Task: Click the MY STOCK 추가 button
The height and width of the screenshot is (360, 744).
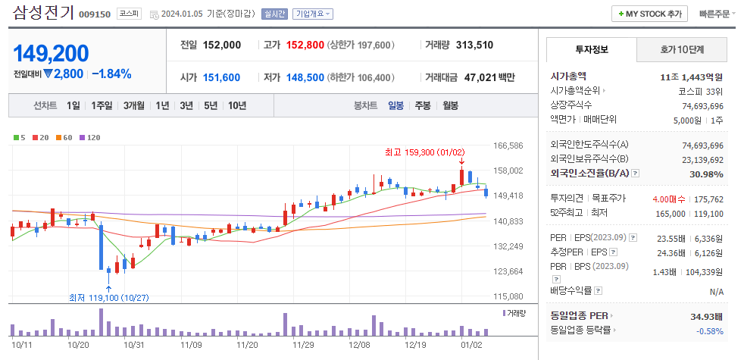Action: click(x=650, y=14)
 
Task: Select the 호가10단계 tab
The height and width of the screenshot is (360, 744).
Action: click(x=682, y=50)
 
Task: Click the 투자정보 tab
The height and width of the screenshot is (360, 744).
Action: click(x=592, y=50)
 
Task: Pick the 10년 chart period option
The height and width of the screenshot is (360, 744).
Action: click(x=236, y=106)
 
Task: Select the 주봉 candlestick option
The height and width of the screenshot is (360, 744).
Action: click(x=422, y=106)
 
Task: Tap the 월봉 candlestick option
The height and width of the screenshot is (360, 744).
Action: click(x=450, y=106)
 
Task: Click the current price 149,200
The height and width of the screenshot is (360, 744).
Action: click(x=51, y=53)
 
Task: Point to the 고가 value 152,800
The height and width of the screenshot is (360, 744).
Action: click(x=305, y=45)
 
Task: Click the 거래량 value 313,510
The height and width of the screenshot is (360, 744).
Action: click(x=474, y=45)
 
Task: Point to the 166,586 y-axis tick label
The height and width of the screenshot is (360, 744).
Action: click(x=508, y=146)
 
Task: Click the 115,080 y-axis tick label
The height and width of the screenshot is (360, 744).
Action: click(x=508, y=296)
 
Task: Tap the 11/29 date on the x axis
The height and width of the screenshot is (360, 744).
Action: click(x=304, y=344)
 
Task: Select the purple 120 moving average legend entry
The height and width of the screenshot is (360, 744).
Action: click(x=91, y=137)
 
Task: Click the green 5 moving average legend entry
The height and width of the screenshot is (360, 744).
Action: click(x=20, y=137)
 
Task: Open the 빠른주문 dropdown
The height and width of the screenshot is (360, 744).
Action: click(x=714, y=14)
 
